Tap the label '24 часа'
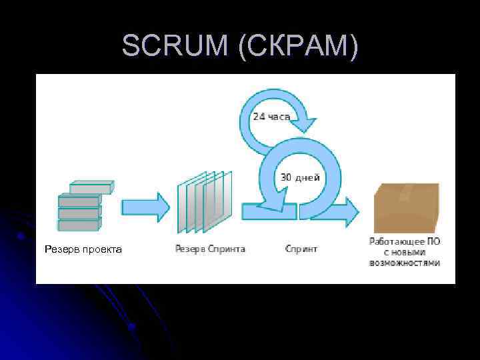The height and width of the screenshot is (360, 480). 271,117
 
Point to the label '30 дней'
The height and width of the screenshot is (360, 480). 300,177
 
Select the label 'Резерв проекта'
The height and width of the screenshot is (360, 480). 83,249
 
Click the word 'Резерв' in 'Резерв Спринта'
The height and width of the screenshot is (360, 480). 189,249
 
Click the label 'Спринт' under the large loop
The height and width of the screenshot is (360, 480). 301,249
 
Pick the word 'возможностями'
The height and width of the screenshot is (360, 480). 405,263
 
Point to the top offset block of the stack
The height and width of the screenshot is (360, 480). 91,187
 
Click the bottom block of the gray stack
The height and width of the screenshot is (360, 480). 78,225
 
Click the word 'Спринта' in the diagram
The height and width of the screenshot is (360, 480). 227,249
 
